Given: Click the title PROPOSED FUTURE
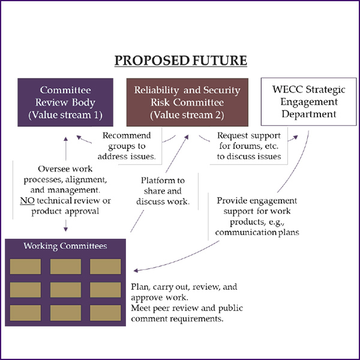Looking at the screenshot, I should click(x=179, y=61).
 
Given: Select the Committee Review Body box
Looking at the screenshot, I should click(x=65, y=102).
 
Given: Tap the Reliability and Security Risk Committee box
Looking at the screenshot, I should click(x=187, y=102).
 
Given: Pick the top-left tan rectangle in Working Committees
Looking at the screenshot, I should click(x=25, y=266).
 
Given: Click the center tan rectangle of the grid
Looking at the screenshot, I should click(x=65, y=289).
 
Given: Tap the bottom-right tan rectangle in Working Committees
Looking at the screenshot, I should click(x=106, y=312).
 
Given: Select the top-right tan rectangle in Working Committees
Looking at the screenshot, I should click(x=106, y=266).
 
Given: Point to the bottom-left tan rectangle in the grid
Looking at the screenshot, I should click(x=25, y=312).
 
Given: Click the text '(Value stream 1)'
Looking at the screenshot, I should click(x=65, y=114).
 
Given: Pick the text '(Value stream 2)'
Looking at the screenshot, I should click(x=187, y=114).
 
